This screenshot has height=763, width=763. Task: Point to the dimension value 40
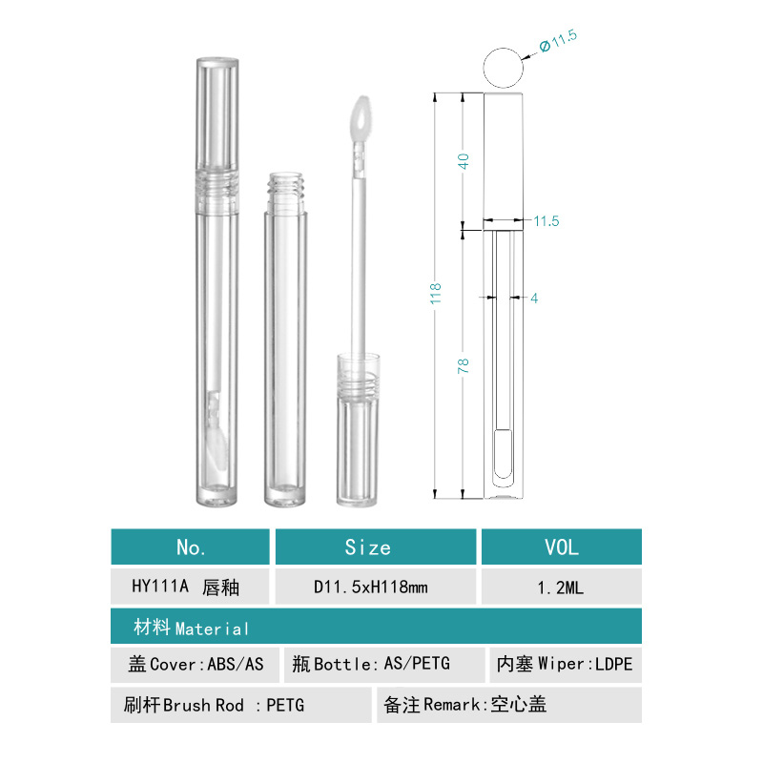[464, 160]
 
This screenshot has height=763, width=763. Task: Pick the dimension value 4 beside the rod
[534, 299]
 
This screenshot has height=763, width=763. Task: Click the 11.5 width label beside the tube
[546, 221]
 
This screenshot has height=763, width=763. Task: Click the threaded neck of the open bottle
[283, 190]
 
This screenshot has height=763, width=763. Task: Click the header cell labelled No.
[191, 547]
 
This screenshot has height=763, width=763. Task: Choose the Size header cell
[368, 547]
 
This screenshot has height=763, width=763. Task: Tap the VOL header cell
[562, 547]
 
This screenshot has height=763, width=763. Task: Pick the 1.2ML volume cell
[562, 588]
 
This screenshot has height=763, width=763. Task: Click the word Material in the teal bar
[212, 629]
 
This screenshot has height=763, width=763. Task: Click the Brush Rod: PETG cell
[239, 705]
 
